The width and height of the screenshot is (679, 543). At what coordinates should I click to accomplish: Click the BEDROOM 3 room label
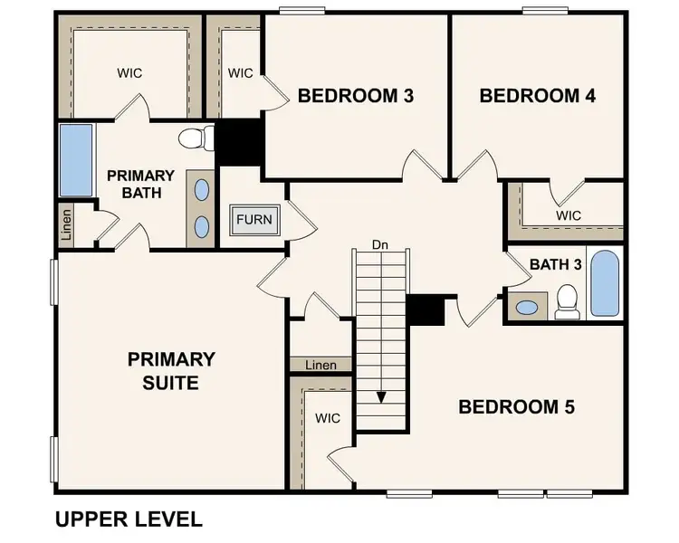[356, 95]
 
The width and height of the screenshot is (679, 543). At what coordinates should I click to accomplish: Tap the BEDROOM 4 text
[537, 95]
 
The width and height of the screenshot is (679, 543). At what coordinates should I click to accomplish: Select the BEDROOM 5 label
[516, 406]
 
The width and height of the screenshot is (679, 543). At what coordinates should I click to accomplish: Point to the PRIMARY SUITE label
[171, 371]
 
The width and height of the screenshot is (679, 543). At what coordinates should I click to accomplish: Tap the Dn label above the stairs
[380, 244]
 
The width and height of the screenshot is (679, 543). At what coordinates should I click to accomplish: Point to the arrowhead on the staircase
[381, 396]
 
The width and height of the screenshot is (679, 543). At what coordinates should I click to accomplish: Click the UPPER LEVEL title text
[129, 519]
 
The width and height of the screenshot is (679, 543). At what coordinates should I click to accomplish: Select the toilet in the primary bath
[196, 138]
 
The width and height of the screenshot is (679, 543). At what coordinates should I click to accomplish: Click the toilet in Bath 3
[568, 301]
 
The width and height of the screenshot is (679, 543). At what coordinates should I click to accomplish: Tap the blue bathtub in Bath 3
[604, 283]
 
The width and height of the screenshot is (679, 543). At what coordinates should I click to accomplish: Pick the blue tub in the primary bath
[76, 161]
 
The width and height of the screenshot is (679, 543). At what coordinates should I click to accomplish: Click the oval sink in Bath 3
[525, 307]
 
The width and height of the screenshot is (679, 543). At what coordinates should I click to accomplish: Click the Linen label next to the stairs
[320, 366]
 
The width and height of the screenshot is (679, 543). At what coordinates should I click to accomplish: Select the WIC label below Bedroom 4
[569, 215]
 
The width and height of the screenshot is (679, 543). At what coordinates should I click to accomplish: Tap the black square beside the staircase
[425, 310]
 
